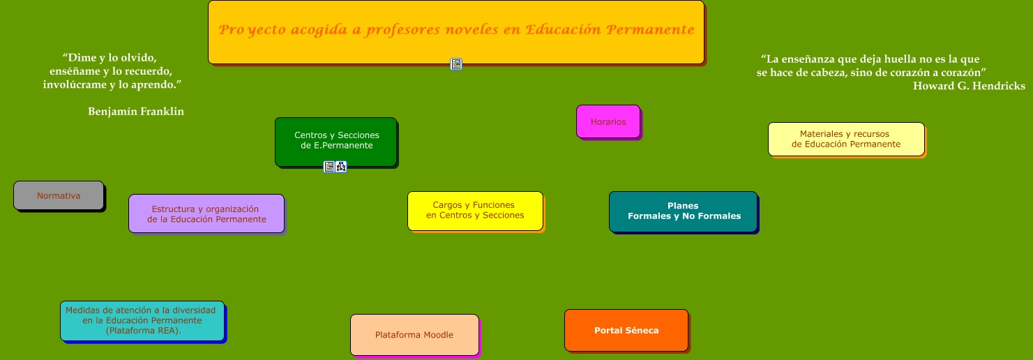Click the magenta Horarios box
(608, 121)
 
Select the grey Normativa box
(59, 195)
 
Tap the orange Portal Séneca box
(626, 330)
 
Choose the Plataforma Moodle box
(414, 335)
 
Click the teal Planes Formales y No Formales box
(684, 211)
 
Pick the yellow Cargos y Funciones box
(476, 211)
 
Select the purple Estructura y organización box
(206, 213)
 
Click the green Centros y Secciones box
(336, 142)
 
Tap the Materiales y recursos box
(846, 139)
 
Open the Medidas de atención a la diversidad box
(142, 321)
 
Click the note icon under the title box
(456, 64)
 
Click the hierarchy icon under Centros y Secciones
(341, 167)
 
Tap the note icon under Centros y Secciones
(329, 167)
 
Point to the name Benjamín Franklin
(136, 111)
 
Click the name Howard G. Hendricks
(969, 86)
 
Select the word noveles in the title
(472, 29)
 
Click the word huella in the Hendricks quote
(894, 59)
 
